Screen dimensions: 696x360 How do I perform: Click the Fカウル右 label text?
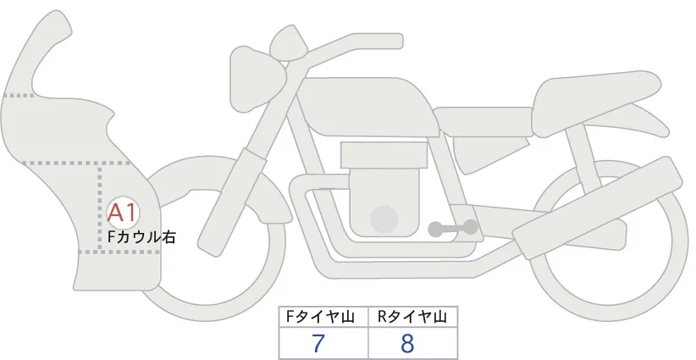click(141, 238)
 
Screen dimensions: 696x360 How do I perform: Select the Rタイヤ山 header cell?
click(412, 317)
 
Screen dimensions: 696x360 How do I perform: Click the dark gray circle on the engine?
click(385, 219)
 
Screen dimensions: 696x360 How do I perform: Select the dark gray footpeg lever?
click(453, 228)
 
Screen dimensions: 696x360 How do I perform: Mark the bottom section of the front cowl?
click(119, 271)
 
